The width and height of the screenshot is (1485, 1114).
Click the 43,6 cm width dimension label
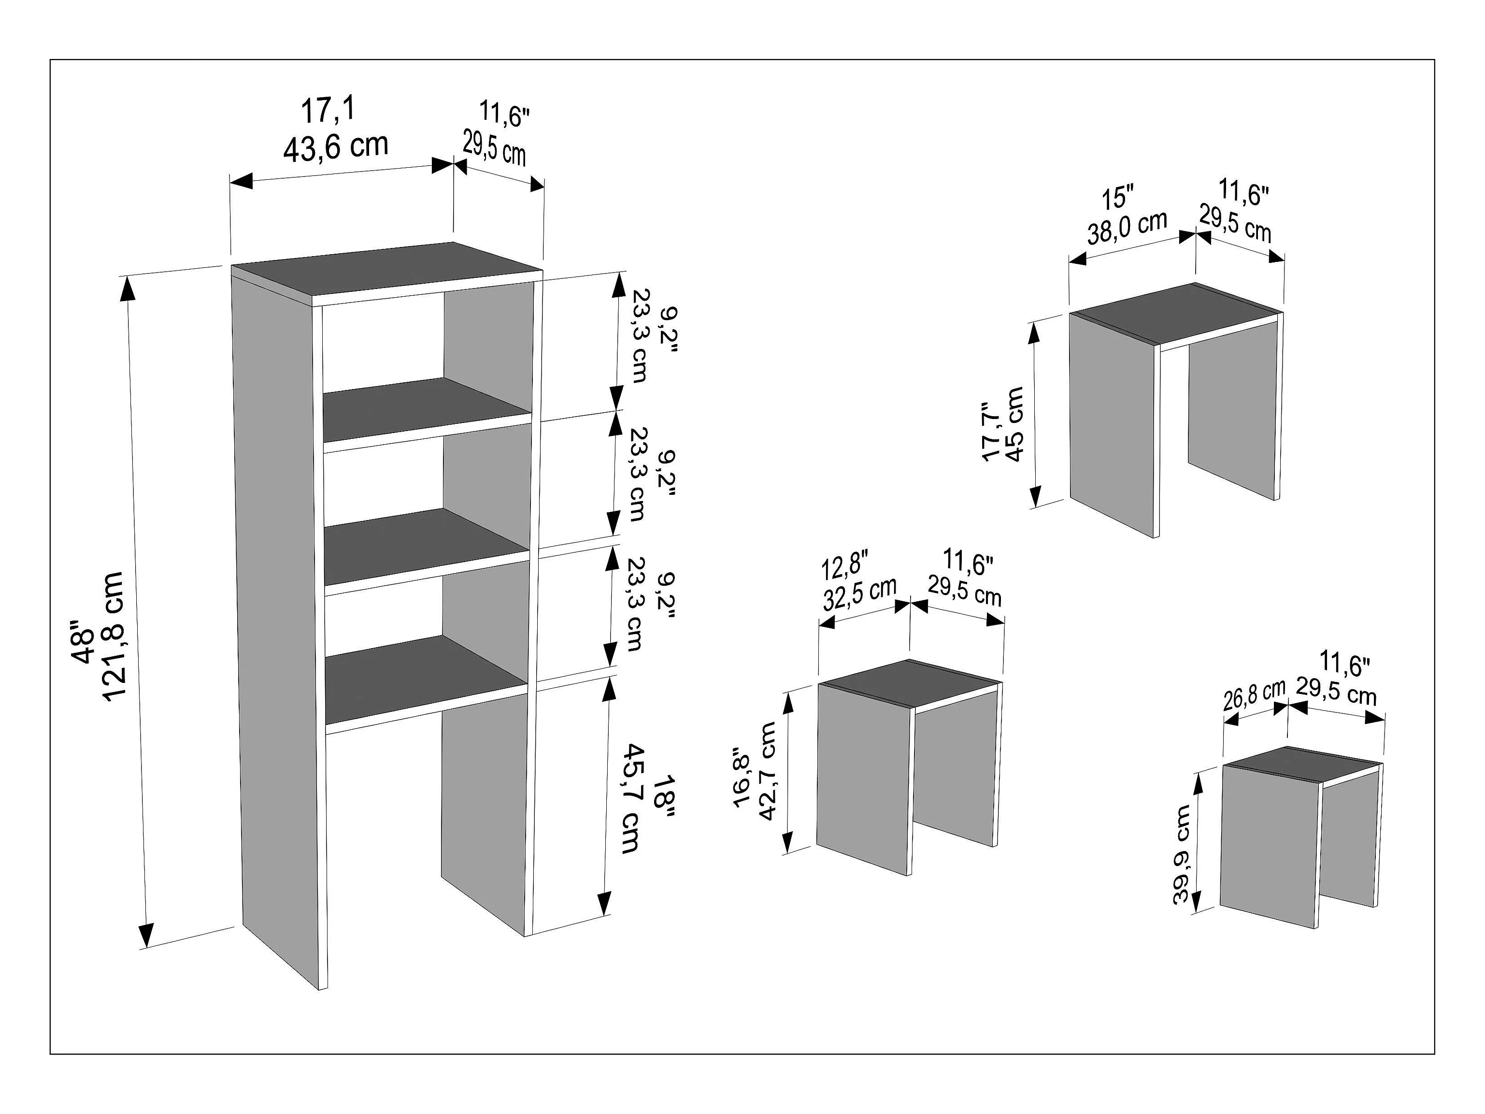click(x=336, y=145)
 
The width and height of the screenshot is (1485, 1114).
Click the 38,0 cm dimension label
click(x=1127, y=228)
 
